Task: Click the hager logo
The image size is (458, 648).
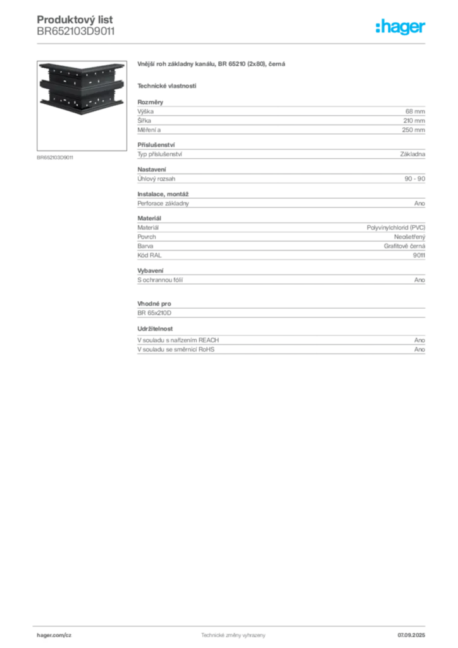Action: (400, 27)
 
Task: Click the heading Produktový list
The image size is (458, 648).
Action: (75, 20)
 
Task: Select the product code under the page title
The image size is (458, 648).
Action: (75, 32)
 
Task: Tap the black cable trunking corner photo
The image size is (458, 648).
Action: (82, 89)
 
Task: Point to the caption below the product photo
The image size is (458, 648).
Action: (55, 158)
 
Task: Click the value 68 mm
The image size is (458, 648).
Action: (415, 111)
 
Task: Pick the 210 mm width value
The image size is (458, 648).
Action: (414, 121)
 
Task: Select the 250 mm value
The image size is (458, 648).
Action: (413, 130)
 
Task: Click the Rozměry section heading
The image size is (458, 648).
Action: (151, 102)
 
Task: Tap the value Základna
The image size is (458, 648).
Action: (412, 154)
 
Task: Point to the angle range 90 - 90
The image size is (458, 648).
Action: (414, 178)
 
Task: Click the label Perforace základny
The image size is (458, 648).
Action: (163, 203)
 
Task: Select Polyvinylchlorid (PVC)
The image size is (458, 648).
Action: (396, 228)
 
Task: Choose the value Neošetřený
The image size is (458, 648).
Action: (410, 237)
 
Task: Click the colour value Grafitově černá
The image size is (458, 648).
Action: (405, 246)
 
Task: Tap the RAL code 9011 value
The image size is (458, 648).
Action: (419, 256)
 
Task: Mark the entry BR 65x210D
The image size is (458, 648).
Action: (154, 313)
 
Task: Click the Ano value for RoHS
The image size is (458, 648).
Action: (419, 349)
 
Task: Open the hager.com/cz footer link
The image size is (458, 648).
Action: (54, 635)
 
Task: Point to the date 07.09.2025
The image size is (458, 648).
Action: (411, 635)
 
